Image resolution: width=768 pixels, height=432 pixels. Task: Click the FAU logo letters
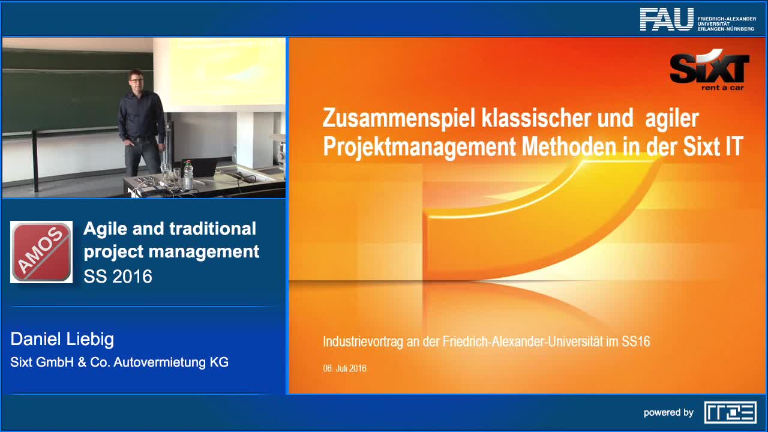click(666, 19)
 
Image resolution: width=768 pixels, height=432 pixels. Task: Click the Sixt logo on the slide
click(709, 68)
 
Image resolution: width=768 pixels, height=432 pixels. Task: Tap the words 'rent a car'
click(722, 87)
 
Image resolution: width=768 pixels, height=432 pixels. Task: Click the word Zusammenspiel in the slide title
click(398, 118)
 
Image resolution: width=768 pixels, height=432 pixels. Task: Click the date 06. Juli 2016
click(344, 368)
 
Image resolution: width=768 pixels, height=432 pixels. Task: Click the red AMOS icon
click(41, 251)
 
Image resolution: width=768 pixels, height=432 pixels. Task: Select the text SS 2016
click(118, 276)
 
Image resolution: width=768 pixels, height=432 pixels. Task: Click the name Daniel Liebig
click(62, 339)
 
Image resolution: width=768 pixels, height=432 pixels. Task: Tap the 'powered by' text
click(668, 413)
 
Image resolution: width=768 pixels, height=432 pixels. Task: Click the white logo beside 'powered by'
click(730, 412)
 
